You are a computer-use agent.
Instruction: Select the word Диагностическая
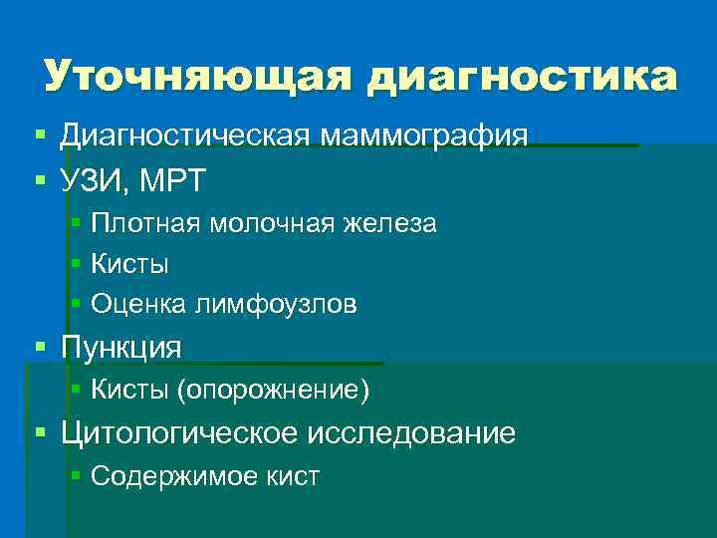[x=186, y=135]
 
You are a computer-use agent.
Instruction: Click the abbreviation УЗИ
[x=96, y=181]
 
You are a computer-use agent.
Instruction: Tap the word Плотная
[x=145, y=224]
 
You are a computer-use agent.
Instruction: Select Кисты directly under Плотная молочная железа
[x=129, y=265]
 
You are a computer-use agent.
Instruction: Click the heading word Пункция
[x=121, y=348]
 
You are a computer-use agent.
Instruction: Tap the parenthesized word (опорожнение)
[x=273, y=391]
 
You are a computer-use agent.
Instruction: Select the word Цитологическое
[x=180, y=433]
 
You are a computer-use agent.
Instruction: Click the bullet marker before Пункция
[x=40, y=347]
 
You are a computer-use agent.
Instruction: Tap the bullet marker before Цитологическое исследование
[x=40, y=432]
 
